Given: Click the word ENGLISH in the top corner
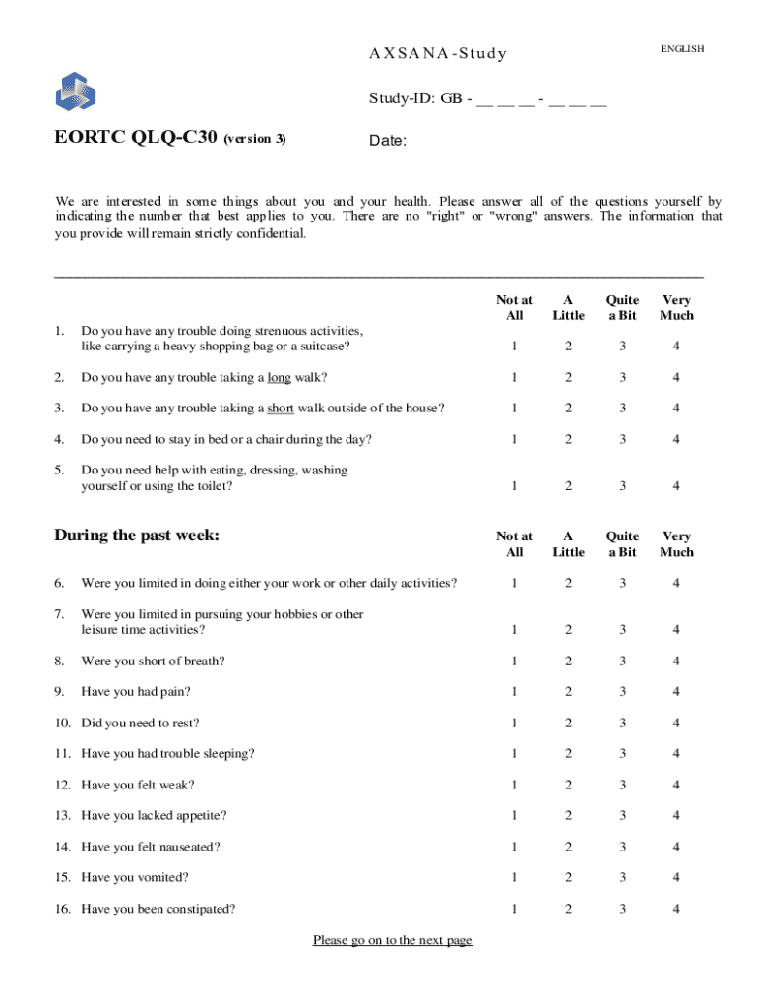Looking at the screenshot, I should pos(682,49).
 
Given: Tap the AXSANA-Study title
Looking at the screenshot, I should pos(437,53).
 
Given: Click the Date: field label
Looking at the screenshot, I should pos(388,141).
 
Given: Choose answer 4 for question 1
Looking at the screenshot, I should pos(676,346).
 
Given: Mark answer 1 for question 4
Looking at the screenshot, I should pos(513,439).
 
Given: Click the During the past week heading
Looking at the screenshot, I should pos(137,535).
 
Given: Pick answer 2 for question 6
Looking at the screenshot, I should pos(568,584).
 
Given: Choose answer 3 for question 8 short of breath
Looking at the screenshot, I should pos(622,661).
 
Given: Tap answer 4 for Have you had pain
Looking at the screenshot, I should pos(676,692).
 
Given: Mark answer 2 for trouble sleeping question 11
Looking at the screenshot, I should pos(568,754).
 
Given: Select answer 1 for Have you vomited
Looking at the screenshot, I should pos(513,877).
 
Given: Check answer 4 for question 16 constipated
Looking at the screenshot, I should pos(676,909).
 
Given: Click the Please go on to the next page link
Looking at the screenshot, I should pos(392,940).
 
